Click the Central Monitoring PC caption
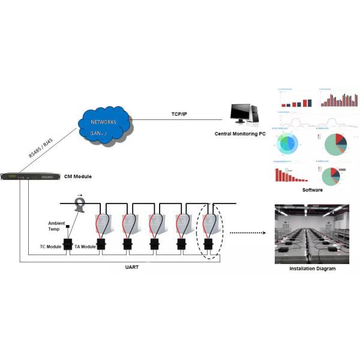pos(240,133)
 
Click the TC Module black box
pos(68,244)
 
